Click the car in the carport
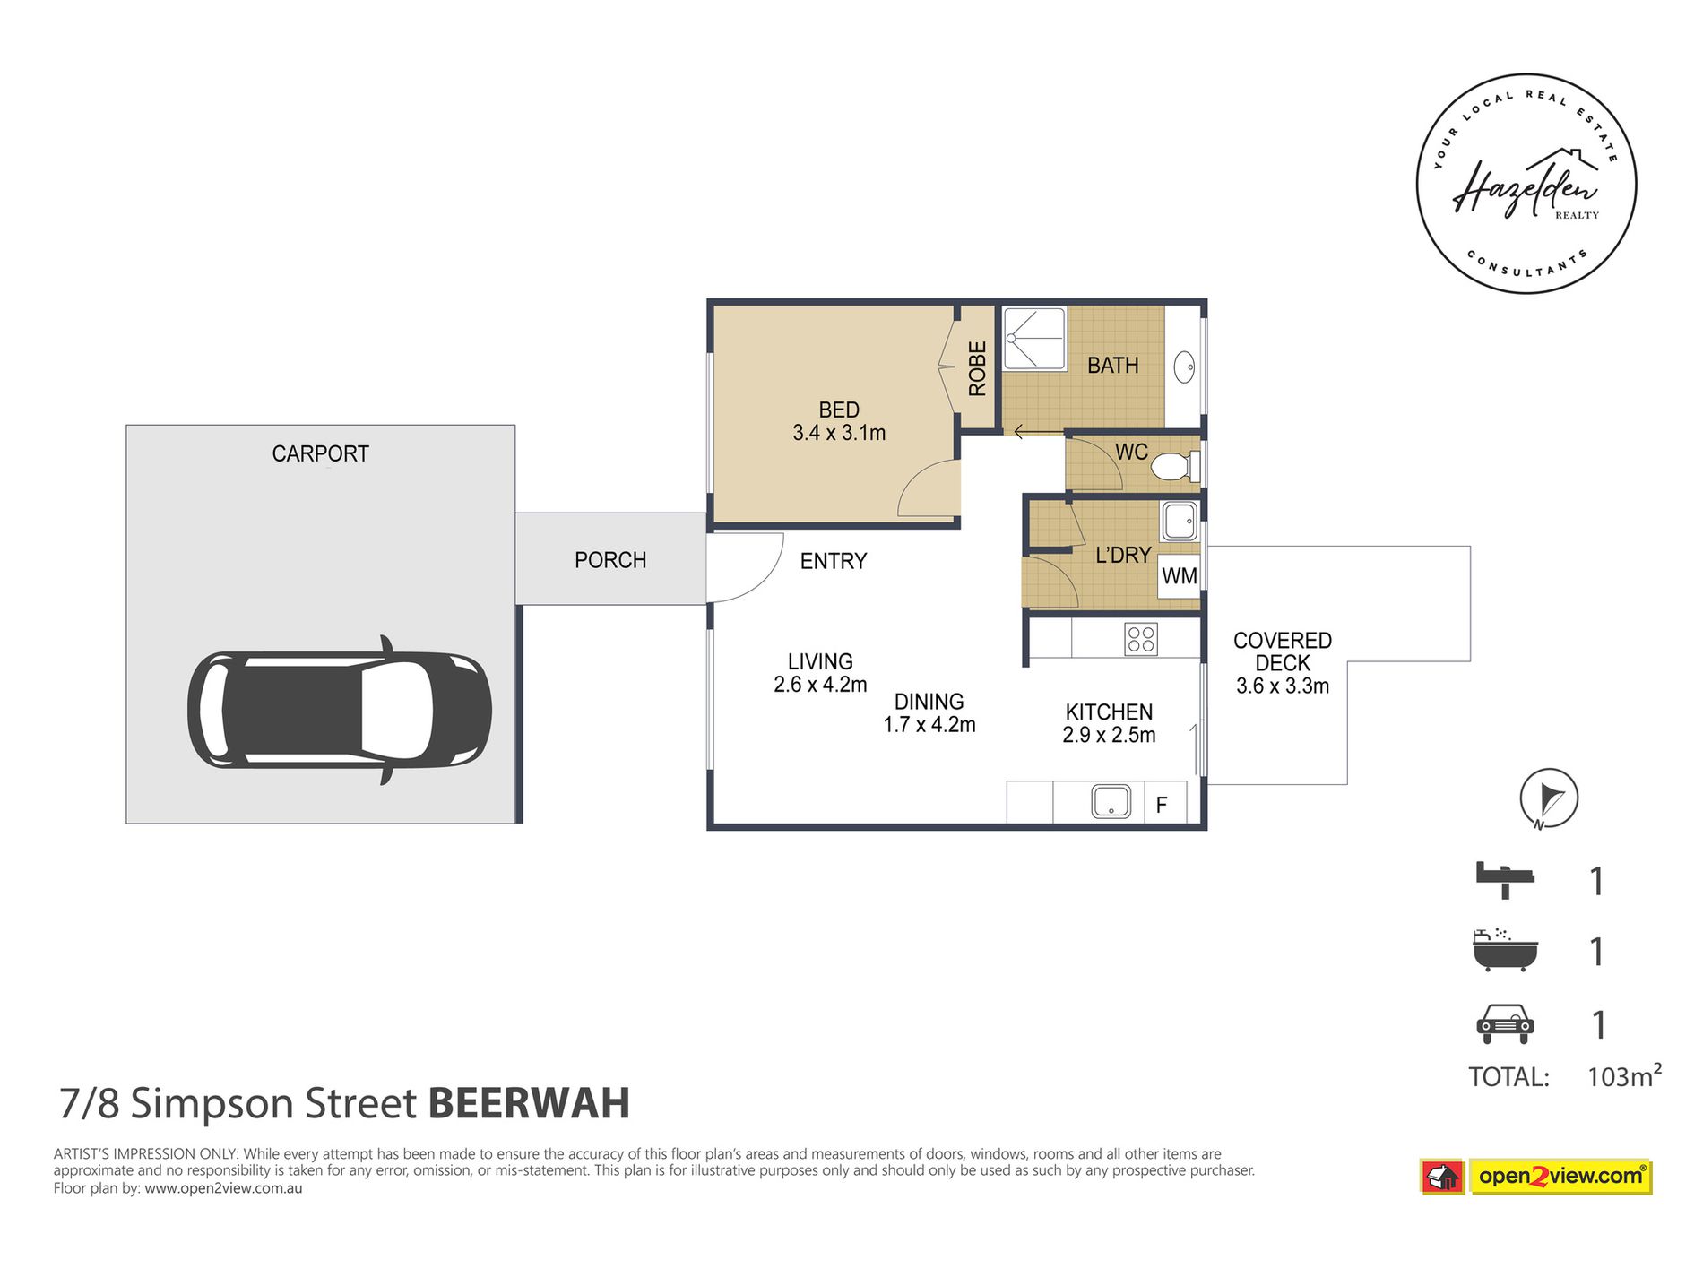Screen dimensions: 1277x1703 coord(339,710)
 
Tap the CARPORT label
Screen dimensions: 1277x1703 coord(320,453)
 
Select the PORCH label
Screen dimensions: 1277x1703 coord(609,560)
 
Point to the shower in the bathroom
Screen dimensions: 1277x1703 coord(1033,339)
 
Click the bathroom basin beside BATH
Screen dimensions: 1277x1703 coord(1185,367)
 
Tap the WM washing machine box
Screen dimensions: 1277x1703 coord(1179,576)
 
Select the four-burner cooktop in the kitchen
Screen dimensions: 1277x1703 coord(1141,639)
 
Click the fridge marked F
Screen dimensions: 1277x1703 coord(1162,805)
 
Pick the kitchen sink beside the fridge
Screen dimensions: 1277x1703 coord(1111,801)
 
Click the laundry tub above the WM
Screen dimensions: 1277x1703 coord(1180,521)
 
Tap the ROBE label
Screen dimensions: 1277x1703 coord(977,368)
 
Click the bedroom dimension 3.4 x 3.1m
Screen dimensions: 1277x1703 coord(839,433)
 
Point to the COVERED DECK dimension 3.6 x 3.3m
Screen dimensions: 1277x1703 coord(1282,686)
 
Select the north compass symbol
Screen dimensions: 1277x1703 coord(1548,798)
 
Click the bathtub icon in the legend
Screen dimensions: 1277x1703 coord(1505,951)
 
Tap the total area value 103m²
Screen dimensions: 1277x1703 coord(1623,1075)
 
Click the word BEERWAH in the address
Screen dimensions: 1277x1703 coord(529,1103)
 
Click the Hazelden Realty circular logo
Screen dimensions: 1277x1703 coord(1526,184)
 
